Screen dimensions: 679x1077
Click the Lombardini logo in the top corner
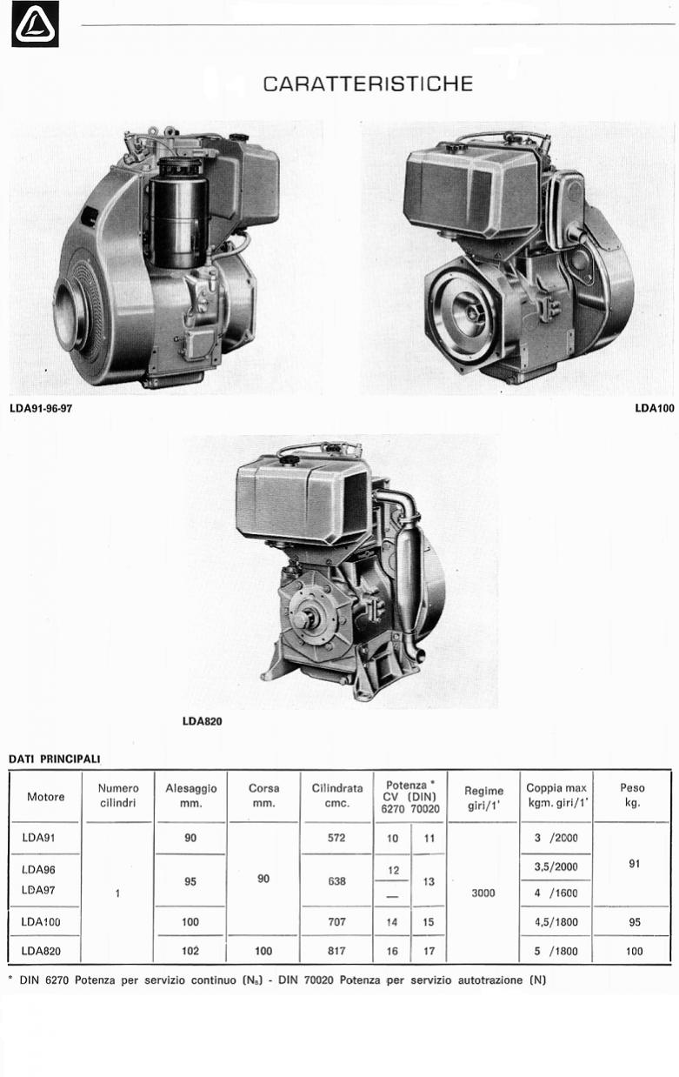click(35, 24)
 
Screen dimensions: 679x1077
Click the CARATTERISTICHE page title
click(368, 84)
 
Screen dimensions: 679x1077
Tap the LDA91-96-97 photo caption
click(41, 409)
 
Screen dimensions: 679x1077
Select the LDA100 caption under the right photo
click(655, 409)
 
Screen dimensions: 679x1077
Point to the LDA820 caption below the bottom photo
click(203, 722)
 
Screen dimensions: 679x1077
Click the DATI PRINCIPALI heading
click(55, 759)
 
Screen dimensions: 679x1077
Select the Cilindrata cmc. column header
click(336, 796)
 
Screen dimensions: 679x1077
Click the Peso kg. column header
click(632, 795)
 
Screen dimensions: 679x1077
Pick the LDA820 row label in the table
click(41, 951)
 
